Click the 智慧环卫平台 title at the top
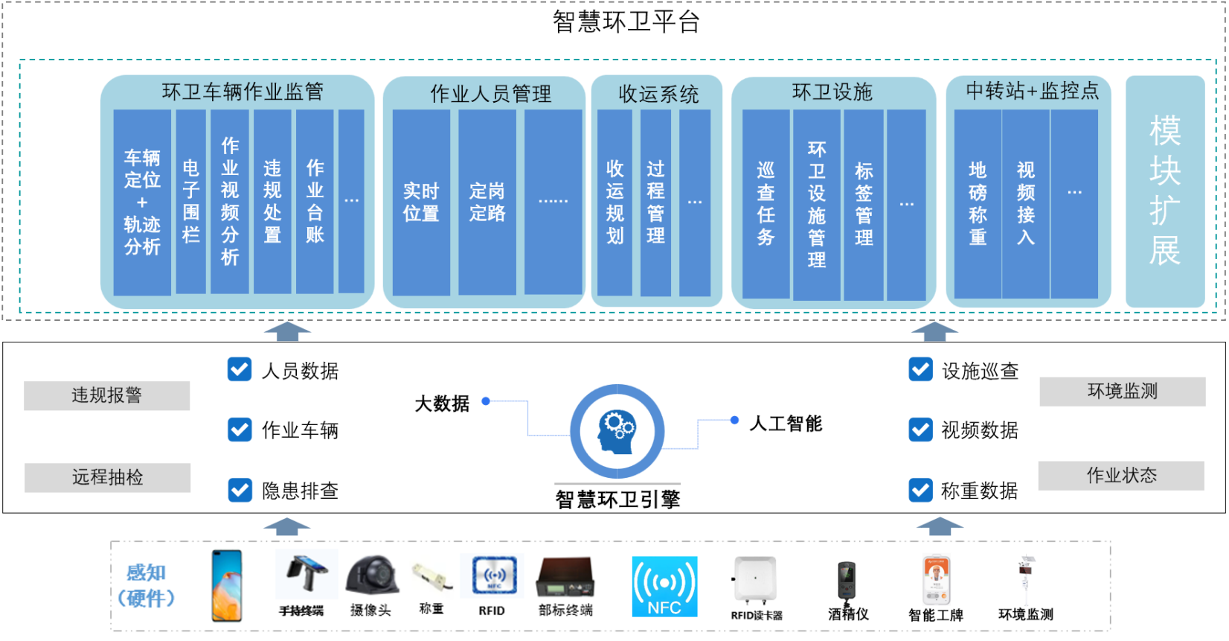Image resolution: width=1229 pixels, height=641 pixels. coord(626,22)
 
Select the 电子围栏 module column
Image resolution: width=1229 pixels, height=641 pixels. coord(190,201)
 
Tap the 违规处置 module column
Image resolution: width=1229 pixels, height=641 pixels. coord(272,201)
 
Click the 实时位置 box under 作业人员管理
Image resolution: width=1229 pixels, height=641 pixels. coord(421,202)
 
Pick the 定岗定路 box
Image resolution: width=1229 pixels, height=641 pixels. coord(487,202)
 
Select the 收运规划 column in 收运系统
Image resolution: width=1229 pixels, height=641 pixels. coord(614,202)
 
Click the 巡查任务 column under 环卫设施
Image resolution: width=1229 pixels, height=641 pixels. coord(766,203)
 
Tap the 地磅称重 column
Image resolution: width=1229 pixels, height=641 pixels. coord(978,203)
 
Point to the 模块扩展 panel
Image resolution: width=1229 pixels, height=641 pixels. coord(1164,191)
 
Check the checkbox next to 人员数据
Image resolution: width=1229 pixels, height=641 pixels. coord(240,369)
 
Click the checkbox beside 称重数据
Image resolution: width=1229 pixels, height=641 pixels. coord(920,490)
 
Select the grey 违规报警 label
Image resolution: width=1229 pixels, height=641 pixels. coord(106,395)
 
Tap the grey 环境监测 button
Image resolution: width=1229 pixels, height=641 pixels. coord(1122,392)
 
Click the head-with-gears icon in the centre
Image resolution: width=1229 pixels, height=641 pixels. coord(617,432)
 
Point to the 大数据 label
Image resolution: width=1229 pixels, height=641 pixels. coord(442,404)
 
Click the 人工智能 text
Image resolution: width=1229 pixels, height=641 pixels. coord(786,424)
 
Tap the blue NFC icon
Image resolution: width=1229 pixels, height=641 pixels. coord(664,587)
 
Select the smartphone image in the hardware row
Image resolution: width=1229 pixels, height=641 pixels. coord(227,585)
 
